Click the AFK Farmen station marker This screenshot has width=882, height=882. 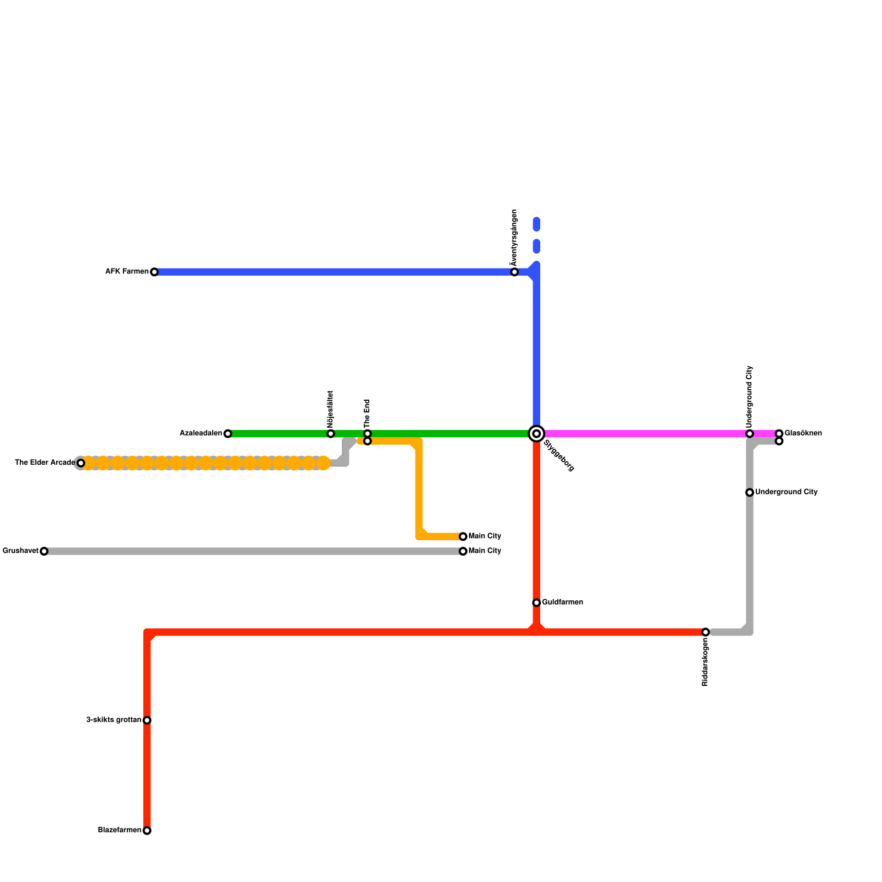(154, 272)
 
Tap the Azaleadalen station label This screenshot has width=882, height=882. (201, 434)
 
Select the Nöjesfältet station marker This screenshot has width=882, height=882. (331, 434)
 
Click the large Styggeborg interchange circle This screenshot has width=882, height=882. (536, 434)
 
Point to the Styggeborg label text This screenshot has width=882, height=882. (558, 456)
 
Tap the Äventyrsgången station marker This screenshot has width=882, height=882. (514, 272)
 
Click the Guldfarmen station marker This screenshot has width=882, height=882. (536, 603)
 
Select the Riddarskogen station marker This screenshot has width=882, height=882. (706, 632)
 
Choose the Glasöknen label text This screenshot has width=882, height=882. (803, 433)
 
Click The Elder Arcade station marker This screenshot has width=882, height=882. (81, 463)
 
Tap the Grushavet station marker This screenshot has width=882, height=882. (44, 551)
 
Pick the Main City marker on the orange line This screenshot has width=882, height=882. (463, 536)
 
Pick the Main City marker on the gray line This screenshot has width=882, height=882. (463, 551)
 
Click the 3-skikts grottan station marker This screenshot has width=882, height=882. (147, 720)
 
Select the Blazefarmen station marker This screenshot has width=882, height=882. (147, 831)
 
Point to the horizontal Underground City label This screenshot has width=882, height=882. (786, 492)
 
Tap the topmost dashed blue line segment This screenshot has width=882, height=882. (536, 224)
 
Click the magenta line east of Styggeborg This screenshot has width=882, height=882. (645, 434)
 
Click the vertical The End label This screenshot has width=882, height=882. (368, 412)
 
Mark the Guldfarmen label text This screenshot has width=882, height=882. (562, 603)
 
